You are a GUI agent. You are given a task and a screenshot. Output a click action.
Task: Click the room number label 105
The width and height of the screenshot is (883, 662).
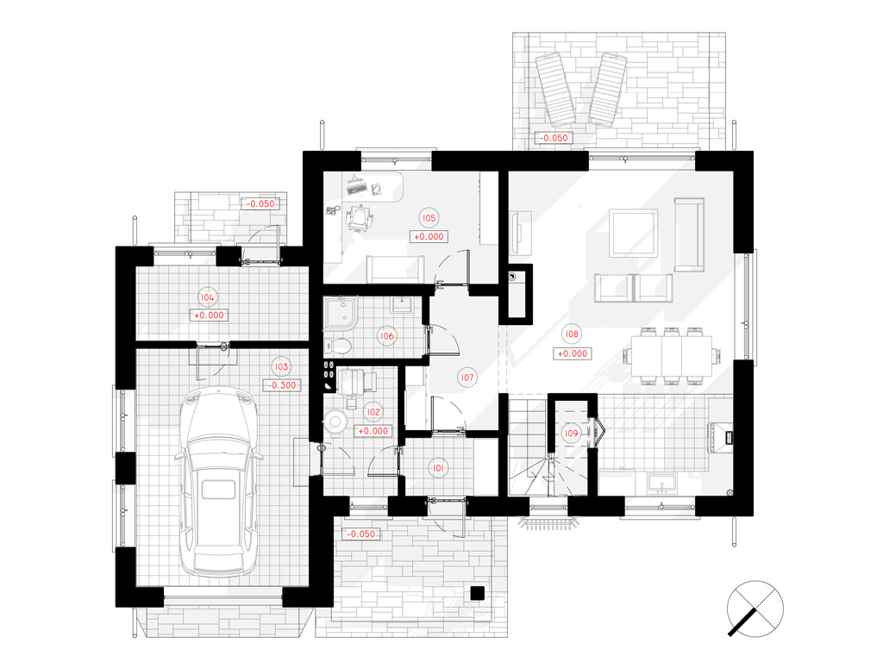coord(429,218)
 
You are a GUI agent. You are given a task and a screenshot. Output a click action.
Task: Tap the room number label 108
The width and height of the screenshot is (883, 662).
coord(572,334)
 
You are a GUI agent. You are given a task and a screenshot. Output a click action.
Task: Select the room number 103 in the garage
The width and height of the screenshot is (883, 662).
coord(281,366)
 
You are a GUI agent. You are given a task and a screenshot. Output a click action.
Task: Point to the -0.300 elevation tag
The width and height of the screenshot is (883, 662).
coord(282,385)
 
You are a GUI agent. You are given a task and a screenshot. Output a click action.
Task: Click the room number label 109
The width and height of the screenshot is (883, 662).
coord(571,433)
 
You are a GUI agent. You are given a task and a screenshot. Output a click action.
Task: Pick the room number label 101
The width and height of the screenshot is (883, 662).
coord(438,468)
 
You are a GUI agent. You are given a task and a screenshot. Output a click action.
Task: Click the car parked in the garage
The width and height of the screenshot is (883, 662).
coord(217,482)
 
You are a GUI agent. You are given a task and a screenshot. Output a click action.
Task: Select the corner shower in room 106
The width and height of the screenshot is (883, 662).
coord(340,314)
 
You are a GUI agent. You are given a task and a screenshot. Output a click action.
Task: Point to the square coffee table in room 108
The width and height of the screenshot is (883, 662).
coord(634,233)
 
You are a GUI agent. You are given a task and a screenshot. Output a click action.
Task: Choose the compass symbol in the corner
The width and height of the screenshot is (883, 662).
coord(755,609)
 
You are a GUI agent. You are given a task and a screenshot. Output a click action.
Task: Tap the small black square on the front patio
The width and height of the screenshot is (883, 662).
coord(477,593)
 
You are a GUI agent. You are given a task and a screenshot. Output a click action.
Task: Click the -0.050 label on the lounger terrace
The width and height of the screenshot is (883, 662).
coord(554,138)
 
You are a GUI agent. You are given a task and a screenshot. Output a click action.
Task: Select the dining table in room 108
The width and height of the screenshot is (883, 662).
coord(672,356)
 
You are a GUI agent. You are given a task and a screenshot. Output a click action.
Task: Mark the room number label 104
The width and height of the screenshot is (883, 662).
coord(207,297)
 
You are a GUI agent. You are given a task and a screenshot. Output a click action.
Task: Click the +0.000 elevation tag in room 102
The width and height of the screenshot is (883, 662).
coord(373,431)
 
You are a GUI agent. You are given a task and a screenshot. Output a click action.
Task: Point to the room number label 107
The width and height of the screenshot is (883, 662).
coord(467,378)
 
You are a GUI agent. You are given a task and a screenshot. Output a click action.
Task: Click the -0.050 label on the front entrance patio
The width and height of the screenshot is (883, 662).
coord(361,534)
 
